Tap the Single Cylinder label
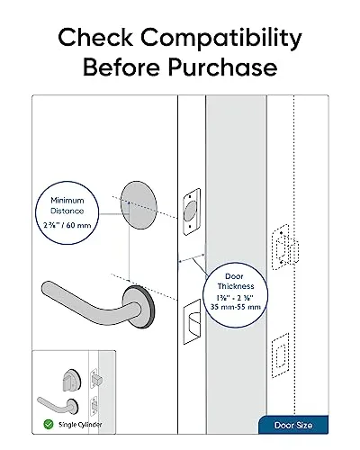(x=78, y=422)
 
